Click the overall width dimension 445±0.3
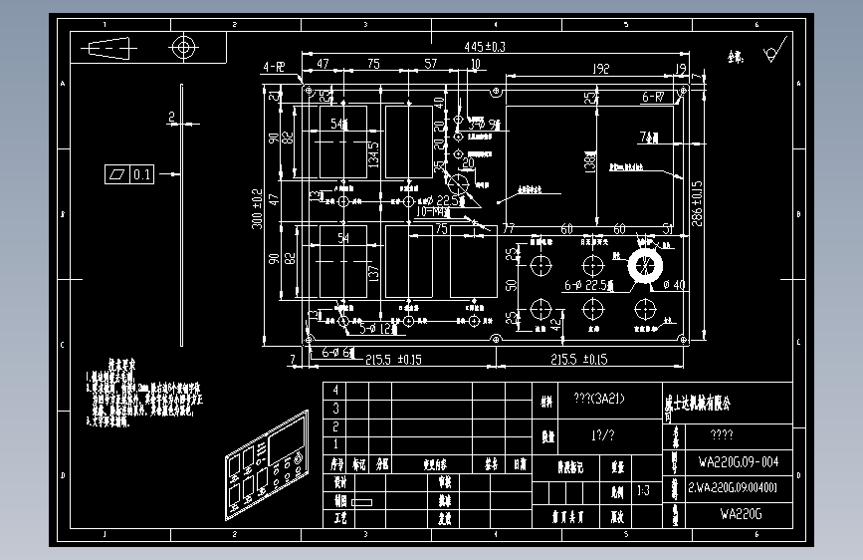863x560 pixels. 485,47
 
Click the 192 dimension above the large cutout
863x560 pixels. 600,69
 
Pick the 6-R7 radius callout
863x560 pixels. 653,97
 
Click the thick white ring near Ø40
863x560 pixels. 643,266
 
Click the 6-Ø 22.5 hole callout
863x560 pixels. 587,286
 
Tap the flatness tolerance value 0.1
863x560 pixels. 142,174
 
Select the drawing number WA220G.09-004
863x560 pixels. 739,462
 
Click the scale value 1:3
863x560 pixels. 643,490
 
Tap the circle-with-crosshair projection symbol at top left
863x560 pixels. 183,47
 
